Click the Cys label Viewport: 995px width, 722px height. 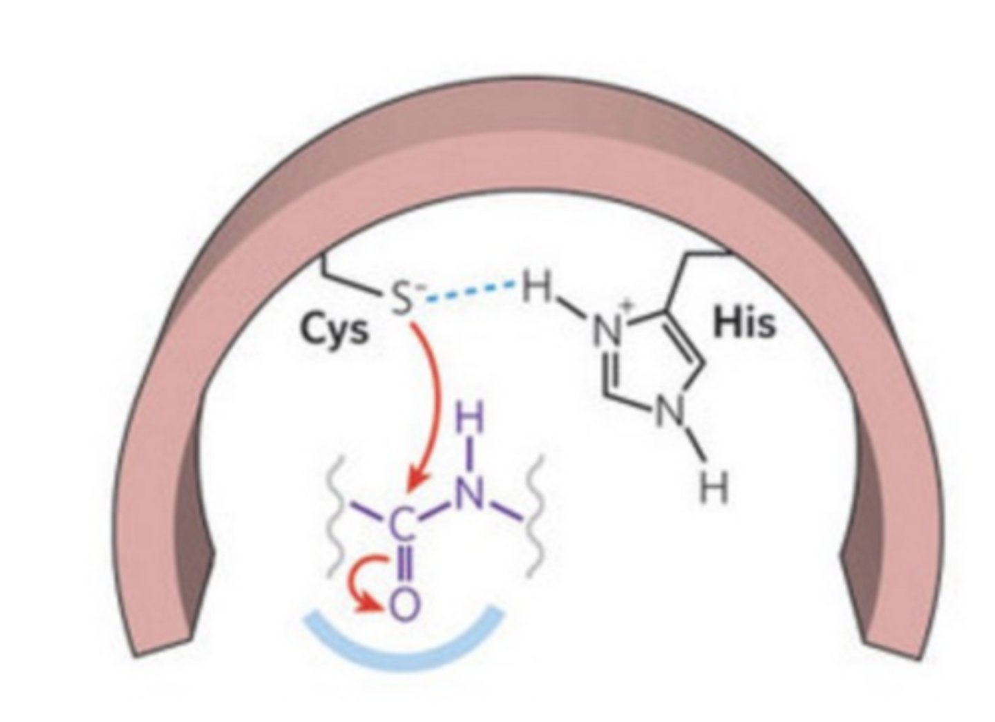(x=334, y=332)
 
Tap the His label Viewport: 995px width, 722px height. (x=744, y=323)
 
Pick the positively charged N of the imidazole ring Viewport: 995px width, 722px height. (x=608, y=330)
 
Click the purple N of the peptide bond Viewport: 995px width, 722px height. (x=469, y=493)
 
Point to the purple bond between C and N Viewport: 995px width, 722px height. (x=436, y=510)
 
